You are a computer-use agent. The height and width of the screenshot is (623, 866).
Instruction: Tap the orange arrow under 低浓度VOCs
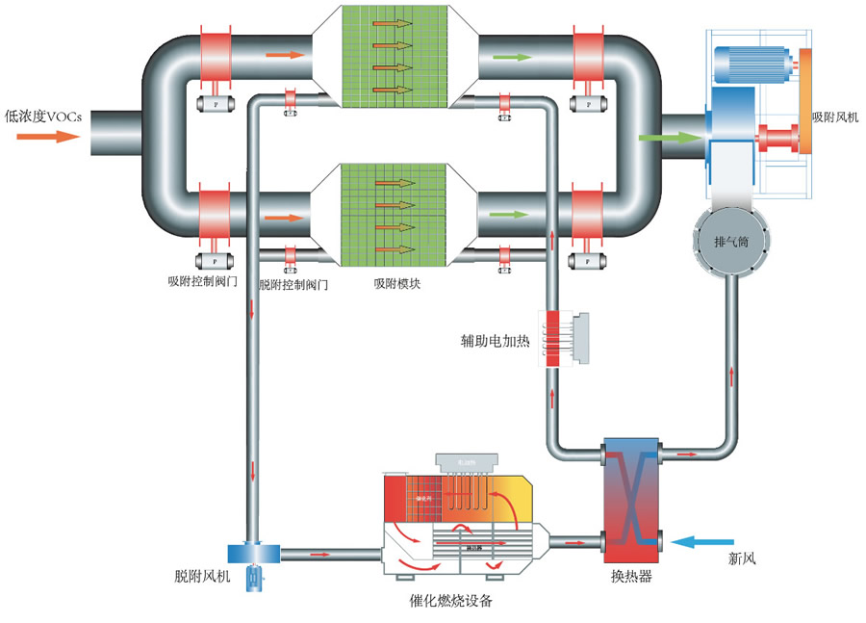47,137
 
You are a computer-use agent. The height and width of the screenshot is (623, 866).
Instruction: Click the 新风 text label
743,558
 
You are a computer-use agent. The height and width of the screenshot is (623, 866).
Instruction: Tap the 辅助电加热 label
496,341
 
